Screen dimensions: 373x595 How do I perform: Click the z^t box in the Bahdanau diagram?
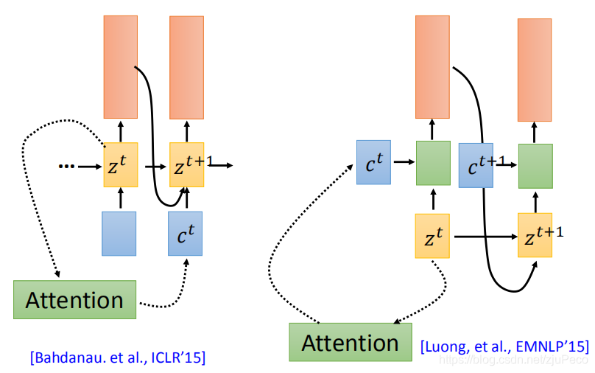[120, 165]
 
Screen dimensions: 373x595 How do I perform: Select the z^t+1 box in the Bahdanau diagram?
[187, 165]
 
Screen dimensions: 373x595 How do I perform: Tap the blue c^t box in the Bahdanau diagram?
[186, 234]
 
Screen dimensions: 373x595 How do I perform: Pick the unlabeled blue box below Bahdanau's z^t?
[119, 234]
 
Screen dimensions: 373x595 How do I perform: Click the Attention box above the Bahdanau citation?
[74, 299]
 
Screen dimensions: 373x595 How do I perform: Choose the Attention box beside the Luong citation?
[350, 342]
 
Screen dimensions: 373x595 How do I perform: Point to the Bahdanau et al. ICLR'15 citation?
[118, 358]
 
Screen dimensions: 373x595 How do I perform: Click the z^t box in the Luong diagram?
[432, 236]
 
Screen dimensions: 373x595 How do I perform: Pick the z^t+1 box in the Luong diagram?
[535, 235]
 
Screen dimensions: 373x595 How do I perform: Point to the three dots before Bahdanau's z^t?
[67, 166]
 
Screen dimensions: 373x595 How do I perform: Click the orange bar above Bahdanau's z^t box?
[120, 66]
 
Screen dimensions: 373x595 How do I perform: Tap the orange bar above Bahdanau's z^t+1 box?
[187, 66]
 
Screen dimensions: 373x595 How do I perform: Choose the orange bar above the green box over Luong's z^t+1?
[535, 69]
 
